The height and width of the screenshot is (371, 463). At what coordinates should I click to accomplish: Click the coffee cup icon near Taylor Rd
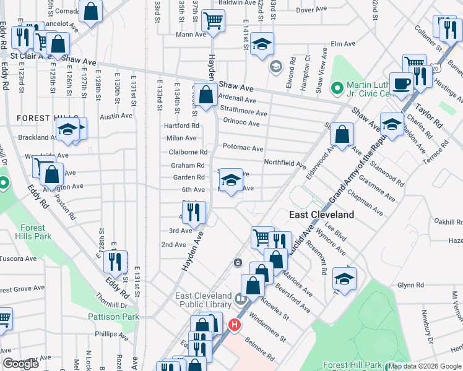coord(401,83)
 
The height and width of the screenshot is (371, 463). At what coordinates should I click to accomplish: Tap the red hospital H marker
coord(235,324)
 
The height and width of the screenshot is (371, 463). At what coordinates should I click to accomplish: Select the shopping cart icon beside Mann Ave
coord(213,20)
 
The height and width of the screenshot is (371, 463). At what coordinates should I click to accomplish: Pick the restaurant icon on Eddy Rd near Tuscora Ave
coord(115,262)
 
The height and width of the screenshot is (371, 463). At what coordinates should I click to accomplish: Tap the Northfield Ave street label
coord(285,164)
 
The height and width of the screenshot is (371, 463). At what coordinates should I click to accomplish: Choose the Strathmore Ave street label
coord(243,113)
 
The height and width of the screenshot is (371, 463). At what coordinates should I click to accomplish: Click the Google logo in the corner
coord(21,364)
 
